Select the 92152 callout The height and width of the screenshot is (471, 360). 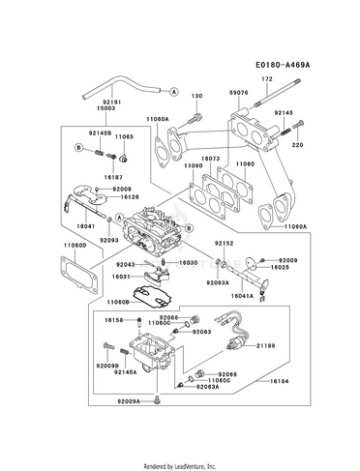(225, 243)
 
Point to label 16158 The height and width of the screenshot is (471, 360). (115, 319)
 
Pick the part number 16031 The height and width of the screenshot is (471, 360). (119, 277)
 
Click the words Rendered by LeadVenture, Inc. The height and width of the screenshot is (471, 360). (180, 465)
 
